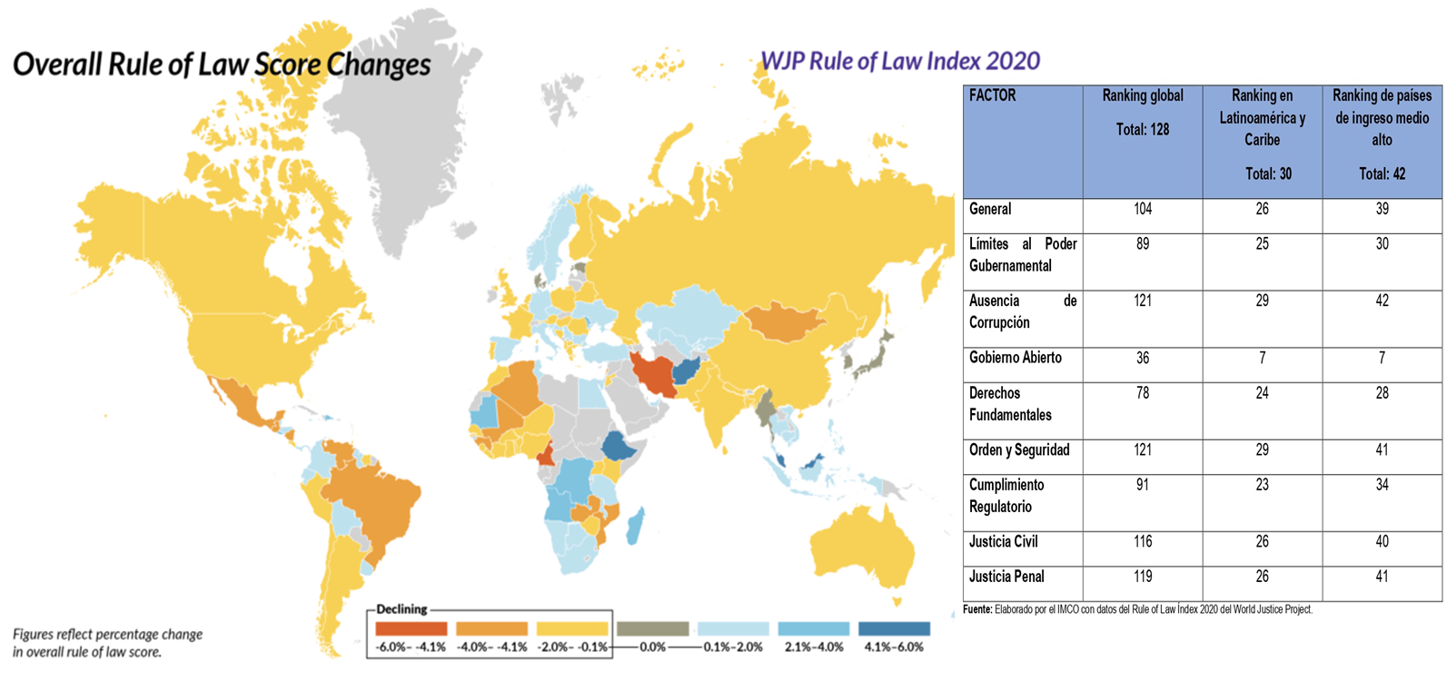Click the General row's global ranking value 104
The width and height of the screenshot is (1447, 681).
pyautogui.click(x=1143, y=209)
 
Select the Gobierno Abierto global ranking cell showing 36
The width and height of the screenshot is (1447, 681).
pyautogui.click(x=1143, y=358)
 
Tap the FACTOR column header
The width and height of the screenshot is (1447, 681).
pyautogui.click(x=993, y=95)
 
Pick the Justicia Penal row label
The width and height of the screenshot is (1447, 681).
pyautogui.click(x=1006, y=577)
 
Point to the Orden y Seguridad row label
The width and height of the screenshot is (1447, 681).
pyautogui.click(x=1019, y=450)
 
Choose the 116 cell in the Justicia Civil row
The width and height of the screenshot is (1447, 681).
pyautogui.click(x=1143, y=542)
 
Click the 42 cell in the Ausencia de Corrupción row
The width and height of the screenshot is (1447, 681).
pyautogui.click(x=1382, y=301)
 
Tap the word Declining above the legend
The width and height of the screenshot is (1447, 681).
pyautogui.click(x=401, y=609)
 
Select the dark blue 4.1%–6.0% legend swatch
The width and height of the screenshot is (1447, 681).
pyautogui.click(x=895, y=628)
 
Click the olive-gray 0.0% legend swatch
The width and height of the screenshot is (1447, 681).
pyautogui.click(x=652, y=628)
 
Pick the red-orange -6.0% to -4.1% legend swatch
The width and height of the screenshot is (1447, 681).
pyautogui.click(x=411, y=628)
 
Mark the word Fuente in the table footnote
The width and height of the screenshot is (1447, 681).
pyautogui.click(x=976, y=609)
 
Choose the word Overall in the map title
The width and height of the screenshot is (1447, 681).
pyautogui.click(x=57, y=65)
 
